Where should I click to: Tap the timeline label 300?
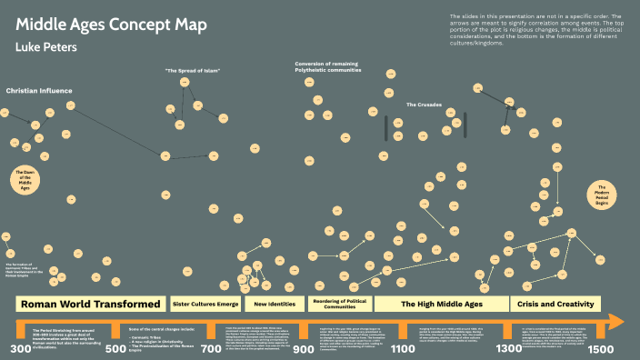coord(20,349)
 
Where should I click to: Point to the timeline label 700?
coord(210,349)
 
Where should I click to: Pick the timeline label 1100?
coord(401,349)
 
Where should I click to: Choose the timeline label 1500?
coord(601,349)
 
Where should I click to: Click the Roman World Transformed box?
coord(91,304)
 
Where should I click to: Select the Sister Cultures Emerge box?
coord(205,304)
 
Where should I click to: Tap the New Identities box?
coord(274,304)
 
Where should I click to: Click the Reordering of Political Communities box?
coord(339,304)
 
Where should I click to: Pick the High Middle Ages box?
coord(442,304)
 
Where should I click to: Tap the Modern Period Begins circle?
coord(602,196)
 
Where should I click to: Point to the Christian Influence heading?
coord(39,91)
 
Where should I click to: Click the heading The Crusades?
coord(424,105)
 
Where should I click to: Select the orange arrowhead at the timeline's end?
coord(615,321)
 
